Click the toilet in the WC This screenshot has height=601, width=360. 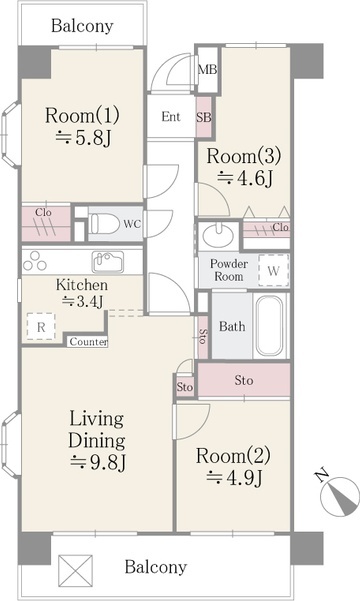105,223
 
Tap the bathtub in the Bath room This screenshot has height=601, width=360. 270,326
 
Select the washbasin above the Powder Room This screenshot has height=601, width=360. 217,235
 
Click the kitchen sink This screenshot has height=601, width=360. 108,261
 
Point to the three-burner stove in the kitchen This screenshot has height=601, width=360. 35,261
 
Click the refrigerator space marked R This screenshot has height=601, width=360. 41,327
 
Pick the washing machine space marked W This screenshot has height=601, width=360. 273,271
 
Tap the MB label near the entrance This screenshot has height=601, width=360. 207,70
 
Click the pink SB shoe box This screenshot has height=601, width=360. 204,117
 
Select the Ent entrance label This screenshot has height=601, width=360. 171,117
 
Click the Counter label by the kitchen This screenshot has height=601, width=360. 88,342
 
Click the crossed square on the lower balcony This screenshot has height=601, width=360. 76,572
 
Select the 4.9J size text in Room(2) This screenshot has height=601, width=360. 234,478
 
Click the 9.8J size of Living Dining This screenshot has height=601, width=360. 99,462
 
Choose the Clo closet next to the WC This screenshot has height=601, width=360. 46,223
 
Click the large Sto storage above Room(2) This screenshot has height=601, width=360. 244,380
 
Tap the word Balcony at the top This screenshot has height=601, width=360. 82,26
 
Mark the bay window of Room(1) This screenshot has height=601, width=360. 10,134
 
